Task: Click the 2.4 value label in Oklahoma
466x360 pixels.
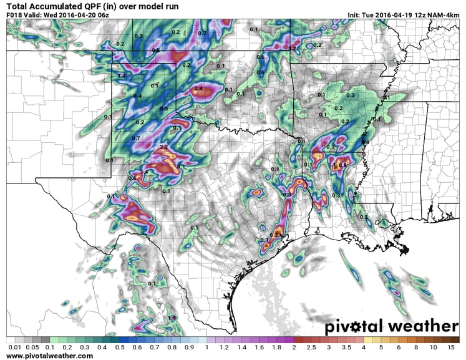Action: [x=199, y=89]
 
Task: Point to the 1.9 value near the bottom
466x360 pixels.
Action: [x=172, y=318]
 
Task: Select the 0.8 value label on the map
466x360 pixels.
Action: [x=342, y=165]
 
